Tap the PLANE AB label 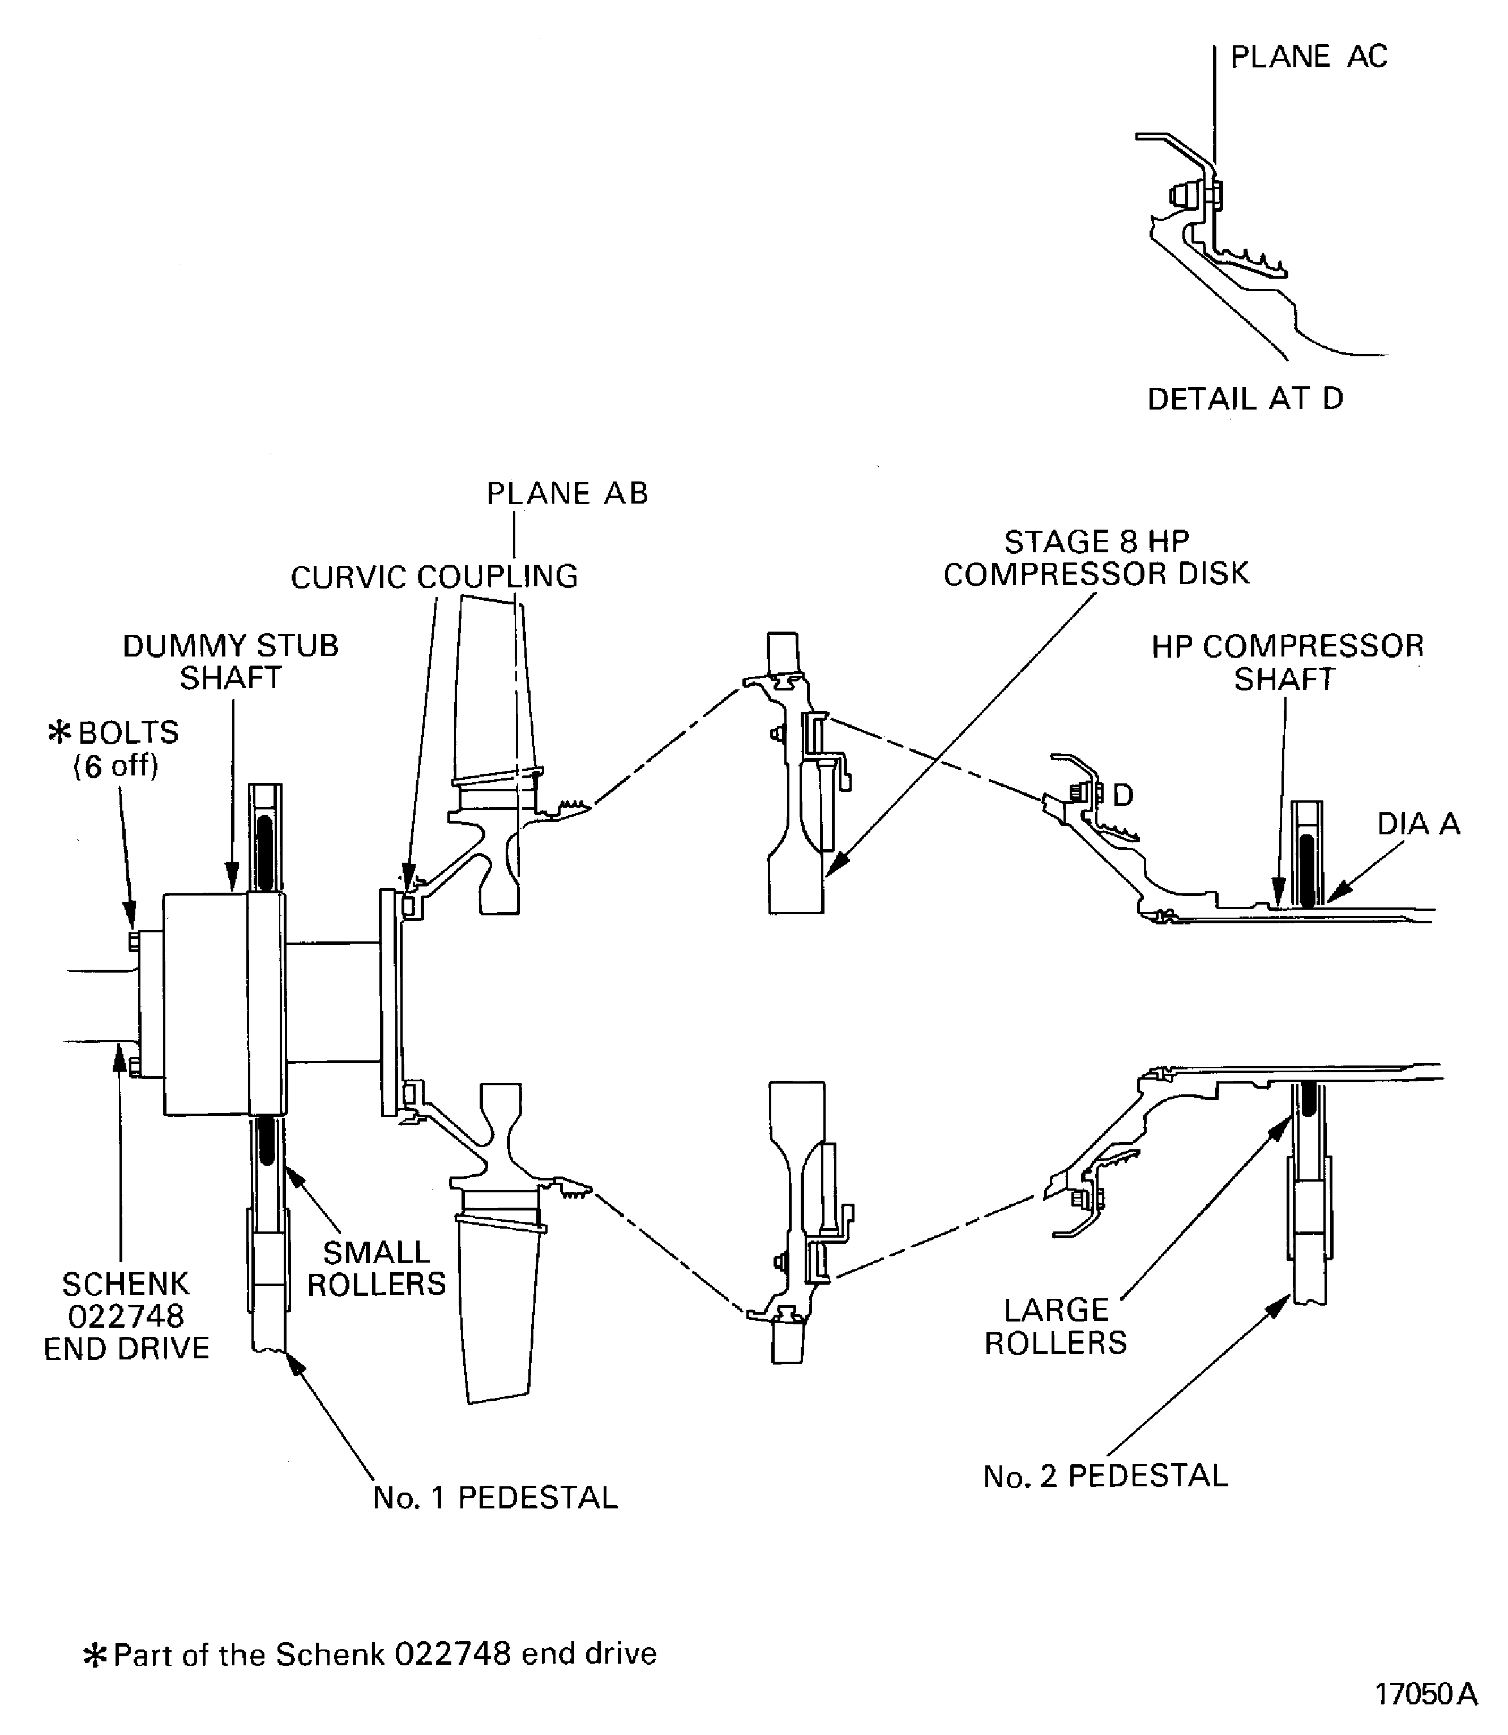tap(567, 493)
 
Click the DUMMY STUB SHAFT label tap(230, 662)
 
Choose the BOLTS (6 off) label tap(116, 748)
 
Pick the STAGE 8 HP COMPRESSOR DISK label tap(1096, 557)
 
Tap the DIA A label tap(1418, 823)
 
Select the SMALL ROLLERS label tap(376, 1268)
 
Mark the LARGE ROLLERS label tap(1056, 1326)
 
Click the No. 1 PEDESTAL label tap(495, 1498)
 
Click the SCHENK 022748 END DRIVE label tap(126, 1316)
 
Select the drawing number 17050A tap(1425, 1694)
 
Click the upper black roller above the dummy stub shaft tap(265, 852)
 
